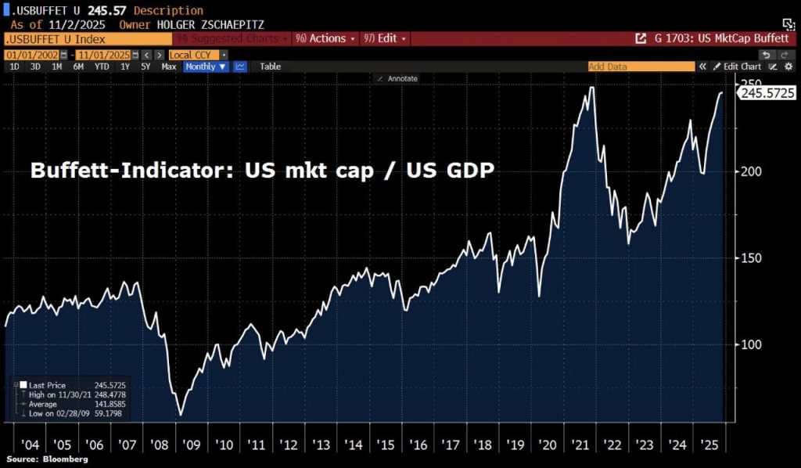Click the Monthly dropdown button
206,67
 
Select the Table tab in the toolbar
270,67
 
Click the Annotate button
398,78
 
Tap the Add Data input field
641,67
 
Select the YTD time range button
102,67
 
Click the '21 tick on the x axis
580,445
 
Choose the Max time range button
169,67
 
